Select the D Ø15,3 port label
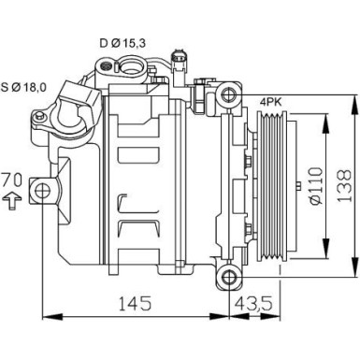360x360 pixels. (121, 41)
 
